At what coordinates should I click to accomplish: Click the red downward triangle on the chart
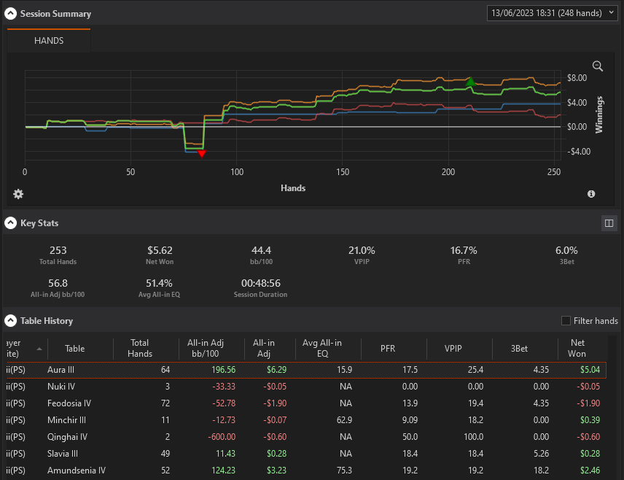coord(202,153)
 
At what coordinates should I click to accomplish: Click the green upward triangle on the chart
coord(470,82)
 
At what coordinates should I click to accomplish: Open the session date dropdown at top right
coord(552,13)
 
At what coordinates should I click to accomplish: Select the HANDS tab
coord(49,41)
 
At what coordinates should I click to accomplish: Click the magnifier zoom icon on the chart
coord(597,66)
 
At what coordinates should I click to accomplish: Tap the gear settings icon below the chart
coord(18,194)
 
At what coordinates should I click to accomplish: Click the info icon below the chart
coord(591,194)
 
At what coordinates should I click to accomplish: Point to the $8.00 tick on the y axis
coord(577,77)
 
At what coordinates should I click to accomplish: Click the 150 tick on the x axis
coord(342,172)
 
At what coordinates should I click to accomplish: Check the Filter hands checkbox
coord(566,321)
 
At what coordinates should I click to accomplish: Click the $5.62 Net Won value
coord(160,250)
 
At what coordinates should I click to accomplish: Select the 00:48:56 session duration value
coord(261,283)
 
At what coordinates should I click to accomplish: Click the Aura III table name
coord(61,370)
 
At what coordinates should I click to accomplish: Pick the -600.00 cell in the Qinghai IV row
coord(222,437)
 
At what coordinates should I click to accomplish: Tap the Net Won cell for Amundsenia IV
coord(590,471)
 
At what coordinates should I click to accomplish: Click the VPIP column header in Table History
coord(453,349)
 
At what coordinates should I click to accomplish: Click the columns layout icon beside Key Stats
coord(609,223)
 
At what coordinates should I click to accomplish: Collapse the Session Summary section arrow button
coord(10,14)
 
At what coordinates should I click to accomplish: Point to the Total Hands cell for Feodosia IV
coord(165,403)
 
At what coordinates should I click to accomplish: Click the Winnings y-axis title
coord(599,115)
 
